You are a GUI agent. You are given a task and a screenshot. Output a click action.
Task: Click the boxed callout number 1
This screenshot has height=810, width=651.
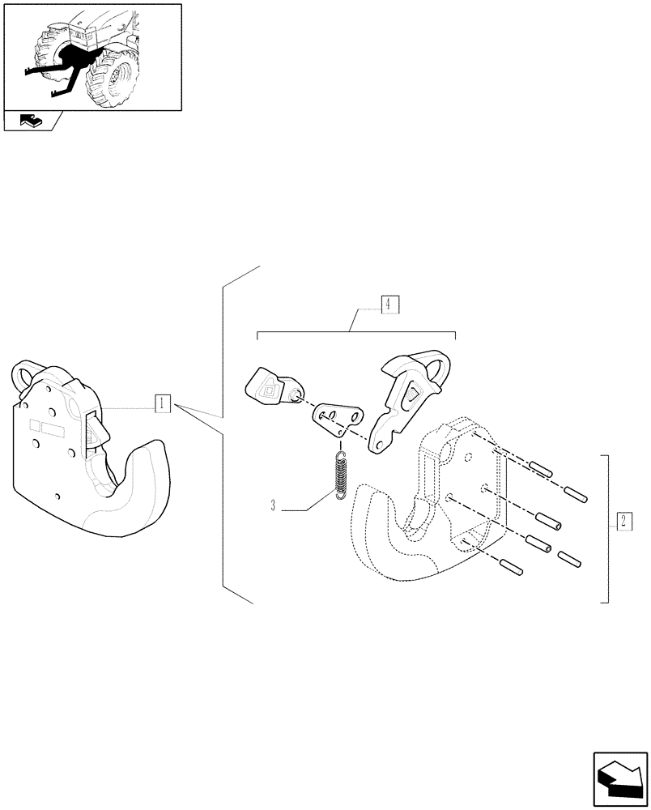163,403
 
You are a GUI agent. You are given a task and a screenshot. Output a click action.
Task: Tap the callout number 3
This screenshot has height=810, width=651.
274,506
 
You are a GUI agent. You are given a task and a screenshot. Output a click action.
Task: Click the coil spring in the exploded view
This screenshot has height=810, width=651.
342,475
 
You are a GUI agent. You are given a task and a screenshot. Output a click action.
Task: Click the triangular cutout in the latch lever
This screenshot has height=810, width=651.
412,393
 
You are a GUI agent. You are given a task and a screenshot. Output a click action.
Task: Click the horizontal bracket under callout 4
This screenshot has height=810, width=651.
356,333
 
